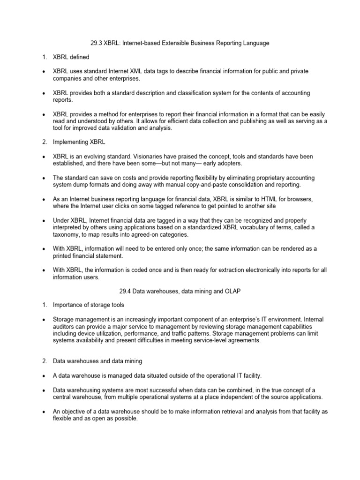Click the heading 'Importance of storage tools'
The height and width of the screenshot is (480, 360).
pos(88,305)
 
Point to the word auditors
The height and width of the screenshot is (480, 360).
pos(67,326)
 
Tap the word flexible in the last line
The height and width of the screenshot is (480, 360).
pos(64,419)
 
